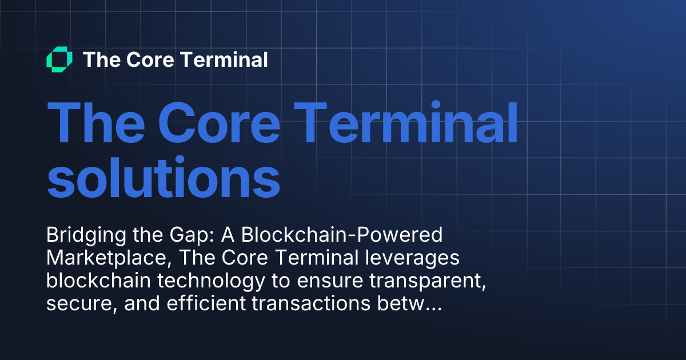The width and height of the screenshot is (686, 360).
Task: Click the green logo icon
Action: [59, 59]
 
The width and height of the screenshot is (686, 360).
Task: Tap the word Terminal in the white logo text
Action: [224, 59]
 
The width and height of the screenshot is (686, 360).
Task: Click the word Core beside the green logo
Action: [150, 59]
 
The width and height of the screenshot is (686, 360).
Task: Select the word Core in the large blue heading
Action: [220, 123]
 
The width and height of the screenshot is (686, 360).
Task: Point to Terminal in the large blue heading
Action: [405, 122]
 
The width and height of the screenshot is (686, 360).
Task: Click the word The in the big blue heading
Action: [96, 122]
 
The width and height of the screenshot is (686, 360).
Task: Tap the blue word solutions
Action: [164, 177]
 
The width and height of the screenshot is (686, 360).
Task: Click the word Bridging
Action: [86, 235]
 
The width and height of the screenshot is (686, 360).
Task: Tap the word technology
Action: [211, 281]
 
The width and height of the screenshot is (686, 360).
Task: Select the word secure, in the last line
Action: [82, 304]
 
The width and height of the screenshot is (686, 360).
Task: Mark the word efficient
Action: [206, 303]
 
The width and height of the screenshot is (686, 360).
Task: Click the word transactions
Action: [311, 303]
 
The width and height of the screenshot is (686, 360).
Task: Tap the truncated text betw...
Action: [409, 303]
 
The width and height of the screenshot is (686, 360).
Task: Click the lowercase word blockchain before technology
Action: [98, 281]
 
